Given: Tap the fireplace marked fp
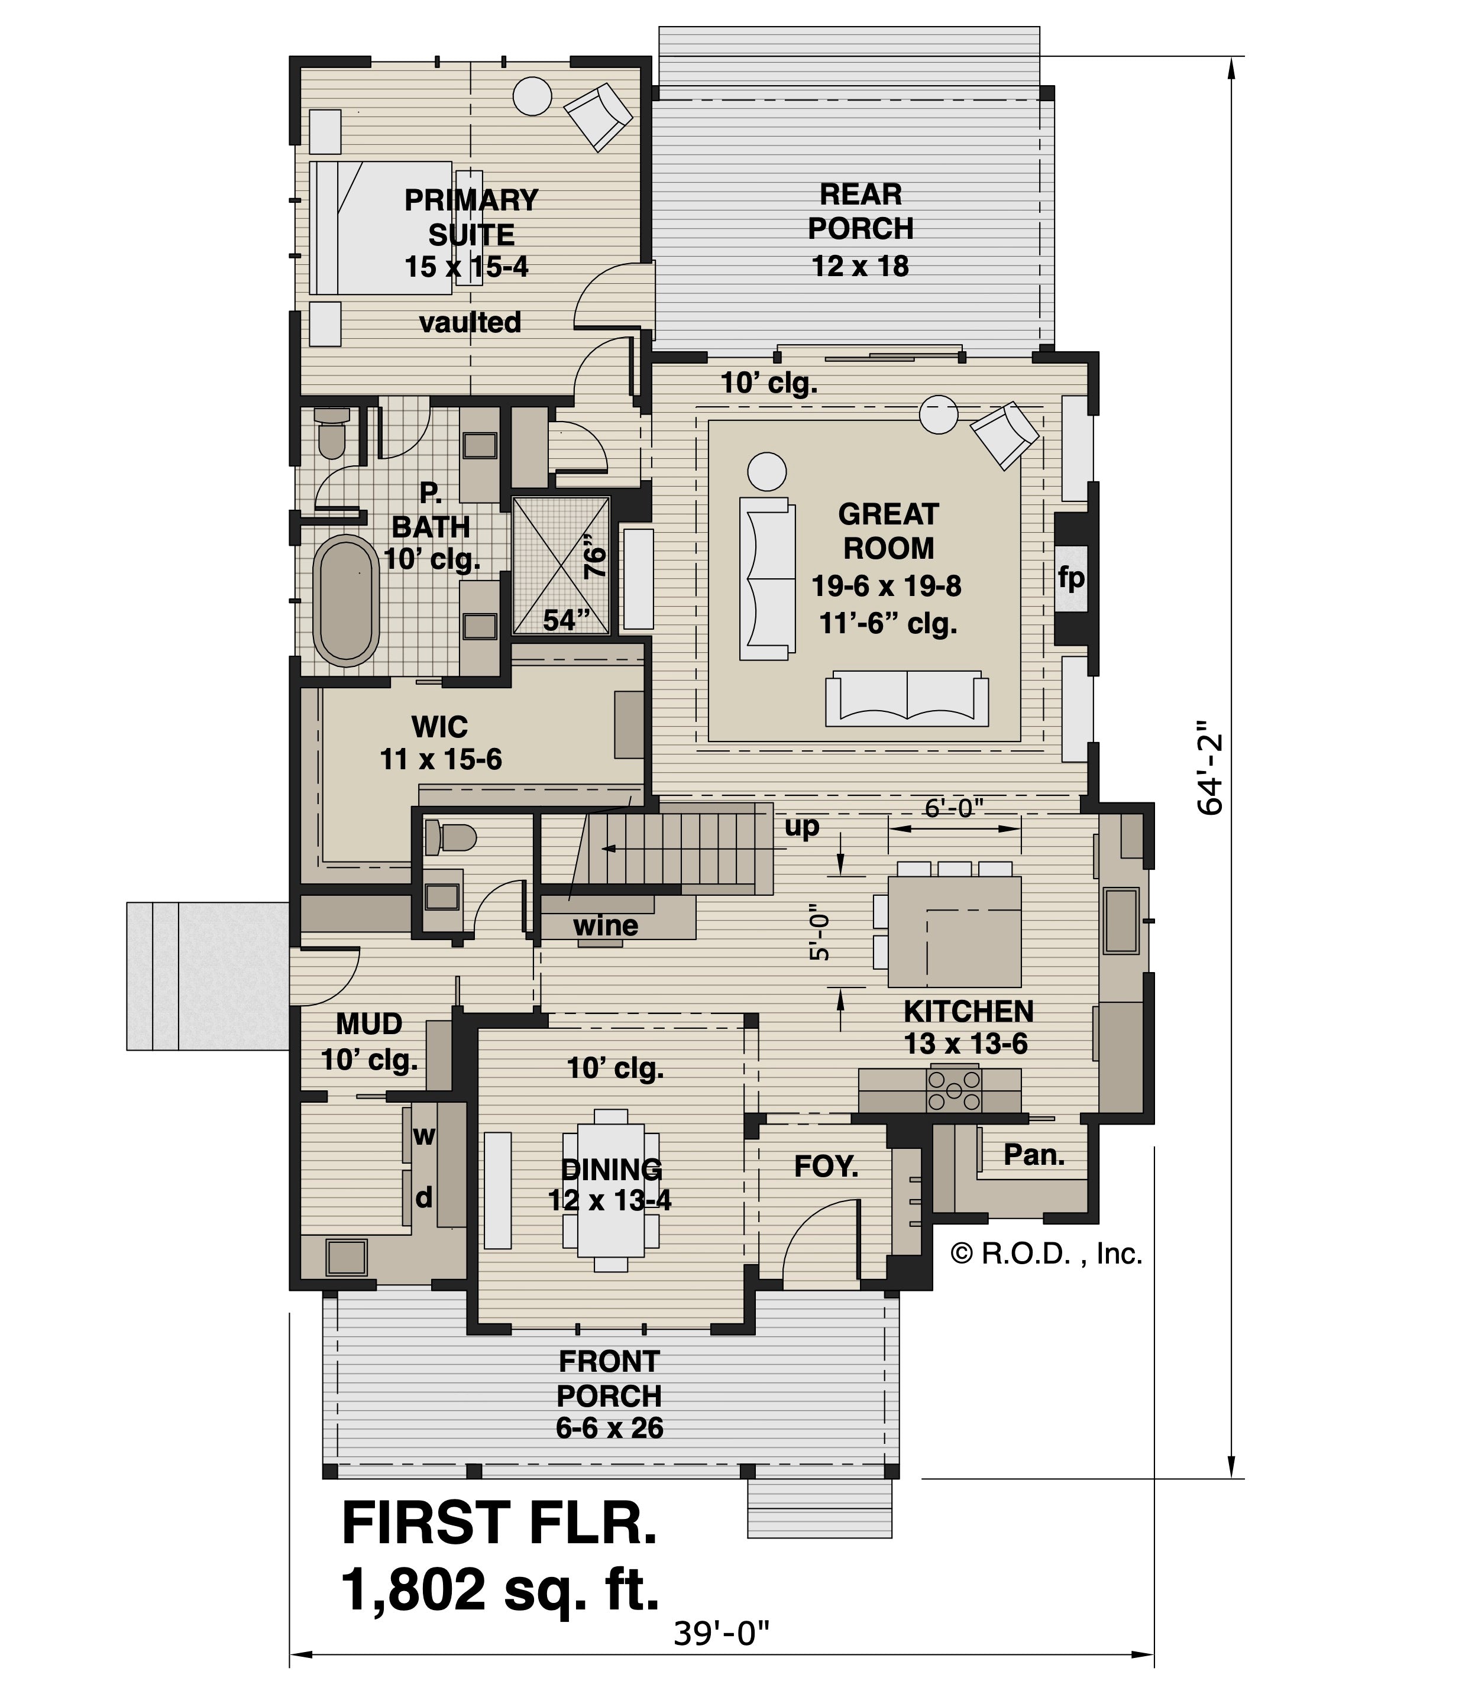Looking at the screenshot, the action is pyautogui.click(x=1071, y=578).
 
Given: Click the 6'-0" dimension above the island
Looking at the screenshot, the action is pyautogui.click(x=954, y=808).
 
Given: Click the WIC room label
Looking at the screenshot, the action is pyautogui.click(x=440, y=725).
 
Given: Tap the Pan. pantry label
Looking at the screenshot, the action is pyautogui.click(x=1034, y=1154).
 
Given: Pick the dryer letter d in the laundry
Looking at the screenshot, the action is pyautogui.click(x=423, y=1197).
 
